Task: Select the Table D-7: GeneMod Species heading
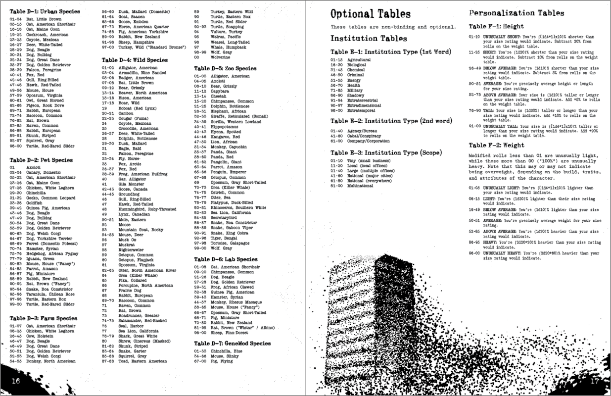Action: pyautogui.click(x=233, y=343)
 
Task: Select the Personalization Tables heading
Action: pyautogui.click(x=517, y=13)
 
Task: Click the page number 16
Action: pyautogui.click(x=16, y=381)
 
